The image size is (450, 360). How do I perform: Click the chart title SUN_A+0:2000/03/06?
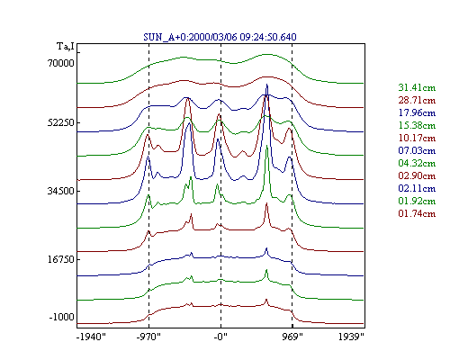click(190, 37)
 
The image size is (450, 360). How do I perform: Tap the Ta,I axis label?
click(66, 46)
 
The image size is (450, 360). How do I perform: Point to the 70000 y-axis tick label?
click(61, 63)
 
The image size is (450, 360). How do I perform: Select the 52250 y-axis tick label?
click(61, 122)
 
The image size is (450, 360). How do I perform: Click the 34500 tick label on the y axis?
click(61, 191)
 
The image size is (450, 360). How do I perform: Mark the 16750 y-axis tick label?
click(61, 259)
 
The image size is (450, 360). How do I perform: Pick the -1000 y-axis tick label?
click(61, 317)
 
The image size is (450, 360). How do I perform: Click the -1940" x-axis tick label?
click(91, 337)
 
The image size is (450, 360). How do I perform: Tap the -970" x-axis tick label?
click(148, 337)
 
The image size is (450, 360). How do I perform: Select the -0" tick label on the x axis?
click(220, 337)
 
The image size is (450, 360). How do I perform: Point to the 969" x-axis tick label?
click(292, 337)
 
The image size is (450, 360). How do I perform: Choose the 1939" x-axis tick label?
click(351, 337)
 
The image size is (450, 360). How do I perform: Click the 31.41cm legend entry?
click(417, 87)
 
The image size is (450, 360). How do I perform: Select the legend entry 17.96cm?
click(417, 112)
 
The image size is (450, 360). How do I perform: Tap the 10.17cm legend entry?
click(417, 138)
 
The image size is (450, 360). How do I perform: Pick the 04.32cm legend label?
click(417, 163)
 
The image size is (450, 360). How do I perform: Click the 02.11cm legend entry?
click(417, 188)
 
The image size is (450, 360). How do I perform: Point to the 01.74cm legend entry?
click(417, 213)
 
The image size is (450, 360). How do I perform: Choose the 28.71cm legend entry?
click(417, 100)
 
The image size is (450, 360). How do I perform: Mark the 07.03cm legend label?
click(417, 150)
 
